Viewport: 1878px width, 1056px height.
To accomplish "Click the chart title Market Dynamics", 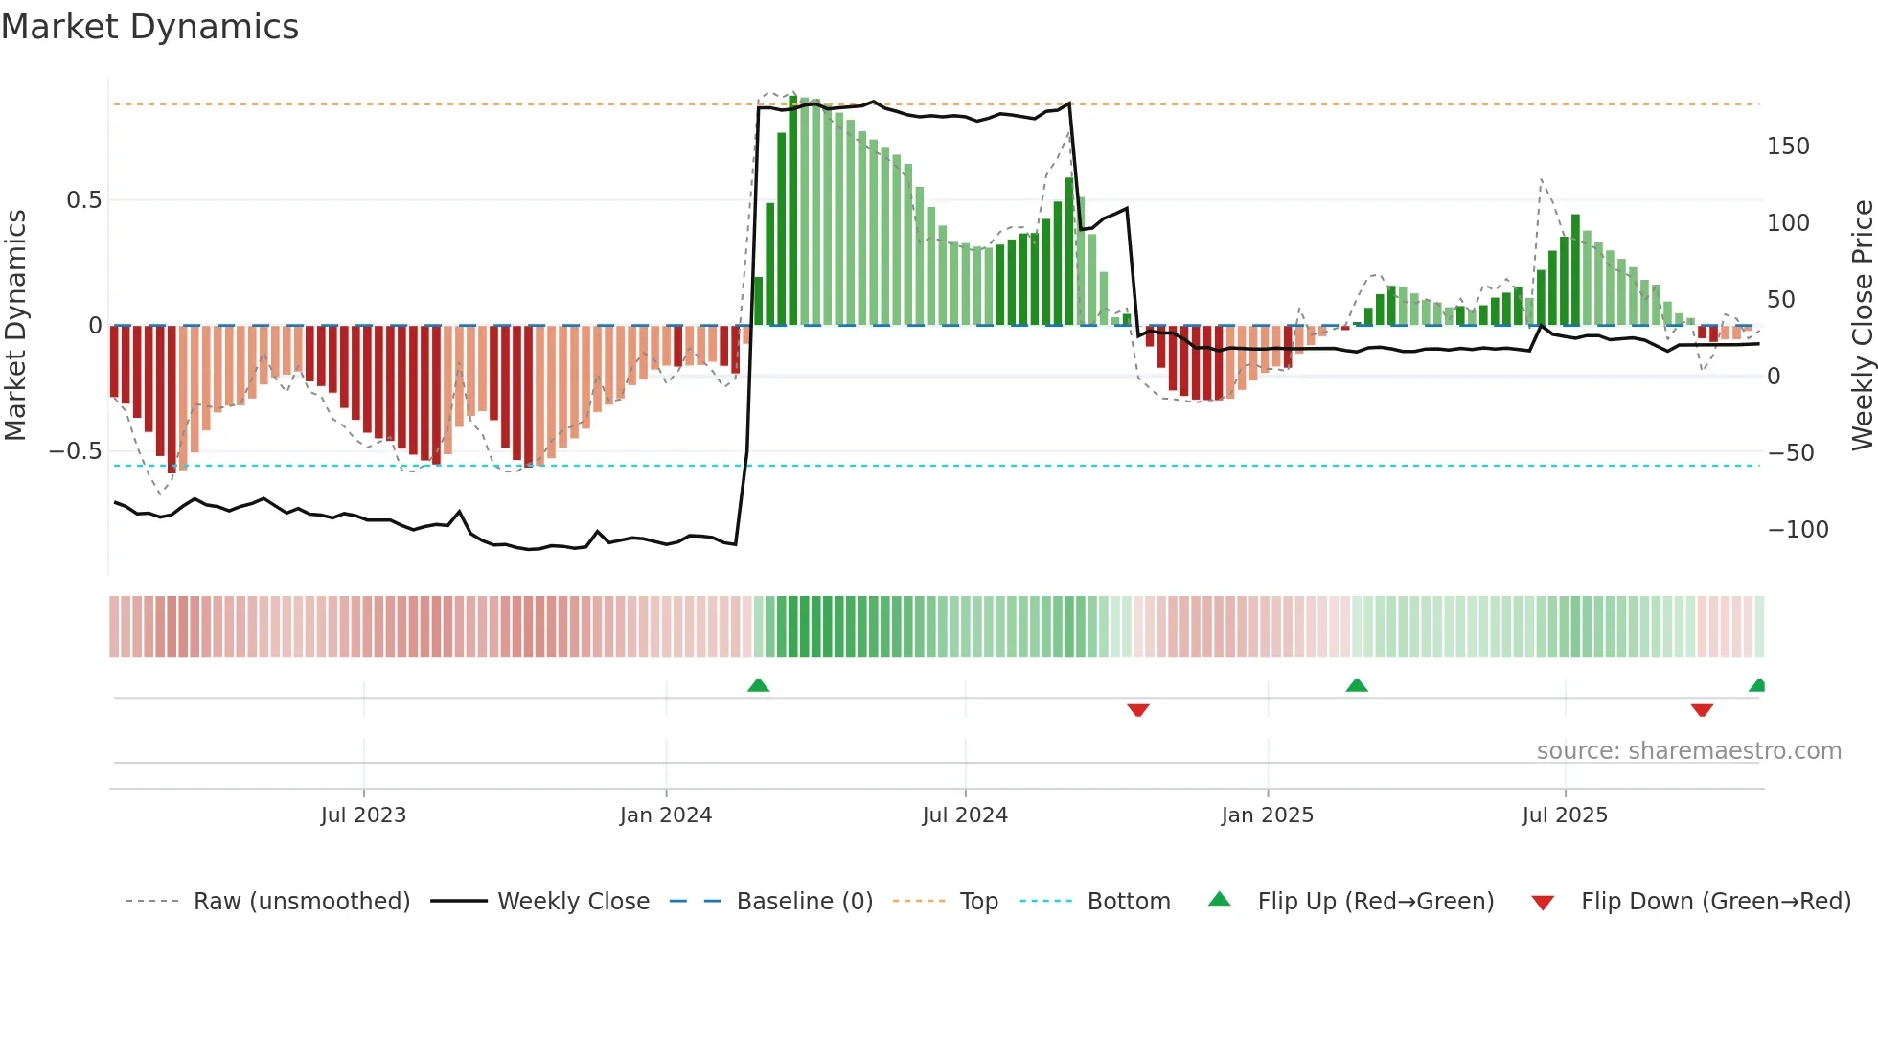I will coord(149,27).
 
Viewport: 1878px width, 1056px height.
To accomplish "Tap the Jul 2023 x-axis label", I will coord(363,815).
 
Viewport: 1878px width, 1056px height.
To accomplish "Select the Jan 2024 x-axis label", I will coord(666,815).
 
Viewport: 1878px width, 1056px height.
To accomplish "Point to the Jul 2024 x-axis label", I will coord(965,815).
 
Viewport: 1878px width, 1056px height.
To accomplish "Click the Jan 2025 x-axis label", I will coord(1267,815).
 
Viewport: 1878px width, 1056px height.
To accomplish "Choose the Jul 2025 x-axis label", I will coord(1565,815).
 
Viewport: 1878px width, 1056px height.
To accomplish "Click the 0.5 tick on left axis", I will coord(83,200).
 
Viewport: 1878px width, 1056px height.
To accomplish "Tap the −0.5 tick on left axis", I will coord(75,451).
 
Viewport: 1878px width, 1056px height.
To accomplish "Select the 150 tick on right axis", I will coord(1788,147).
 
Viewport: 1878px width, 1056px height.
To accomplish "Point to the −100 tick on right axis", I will coord(1798,530).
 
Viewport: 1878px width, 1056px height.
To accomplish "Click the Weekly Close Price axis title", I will coord(1862,326).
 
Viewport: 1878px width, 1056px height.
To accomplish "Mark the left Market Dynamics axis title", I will coord(15,326).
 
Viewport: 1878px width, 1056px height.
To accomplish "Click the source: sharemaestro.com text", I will coord(1688,751).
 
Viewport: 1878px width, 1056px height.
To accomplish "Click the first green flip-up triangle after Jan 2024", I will coord(758,685).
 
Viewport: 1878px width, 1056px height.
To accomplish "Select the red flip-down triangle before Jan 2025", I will coord(1138,710).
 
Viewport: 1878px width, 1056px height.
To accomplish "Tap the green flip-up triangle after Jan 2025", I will coord(1357,685).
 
